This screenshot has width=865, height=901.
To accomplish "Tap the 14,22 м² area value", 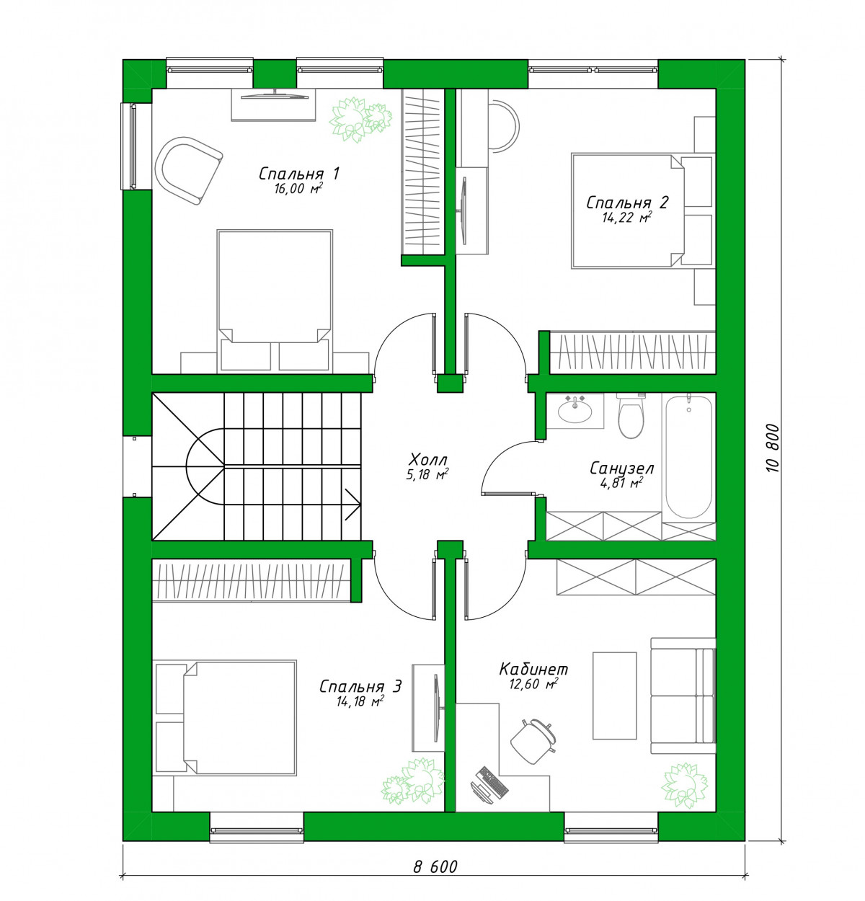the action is [627, 218].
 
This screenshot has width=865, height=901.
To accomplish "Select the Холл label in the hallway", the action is [428, 460].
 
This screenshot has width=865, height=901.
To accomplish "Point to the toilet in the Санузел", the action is [630, 415].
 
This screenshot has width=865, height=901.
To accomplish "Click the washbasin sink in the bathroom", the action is [575, 410].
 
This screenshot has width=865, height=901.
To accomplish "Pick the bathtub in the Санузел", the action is [688, 456].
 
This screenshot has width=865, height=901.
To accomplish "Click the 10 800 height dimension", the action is [773, 448].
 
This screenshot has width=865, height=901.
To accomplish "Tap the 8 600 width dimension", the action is [435, 866].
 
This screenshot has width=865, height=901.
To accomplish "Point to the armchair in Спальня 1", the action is [188, 170].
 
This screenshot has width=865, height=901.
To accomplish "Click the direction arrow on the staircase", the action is [353, 504].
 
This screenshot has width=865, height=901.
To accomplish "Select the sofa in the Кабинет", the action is [683, 696].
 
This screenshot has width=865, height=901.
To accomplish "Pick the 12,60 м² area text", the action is [533, 684].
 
